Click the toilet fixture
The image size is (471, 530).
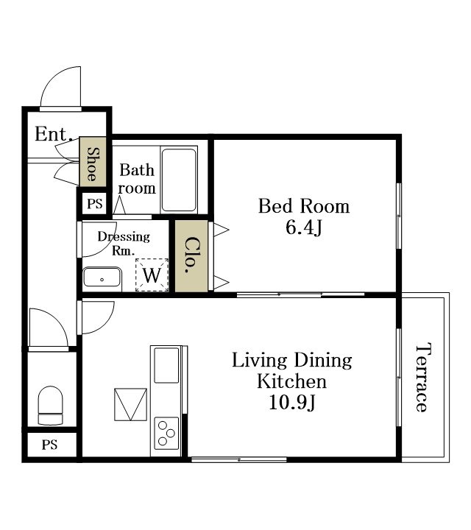(50, 406)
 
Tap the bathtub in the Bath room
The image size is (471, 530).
(179, 180)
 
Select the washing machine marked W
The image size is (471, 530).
(152, 275)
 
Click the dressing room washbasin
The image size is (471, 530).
(102, 278)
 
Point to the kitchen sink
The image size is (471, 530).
(166, 365)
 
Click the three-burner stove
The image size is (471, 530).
(166, 434)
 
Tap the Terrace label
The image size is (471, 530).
(422, 377)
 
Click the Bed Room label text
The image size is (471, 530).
(304, 206)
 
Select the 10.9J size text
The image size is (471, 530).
(292, 402)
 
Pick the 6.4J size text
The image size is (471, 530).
(304, 227)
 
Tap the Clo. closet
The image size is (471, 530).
(191, 256)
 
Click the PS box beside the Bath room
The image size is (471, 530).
(95, 203)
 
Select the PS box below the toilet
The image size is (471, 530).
(50, 445)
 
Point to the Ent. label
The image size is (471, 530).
(54, 133)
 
